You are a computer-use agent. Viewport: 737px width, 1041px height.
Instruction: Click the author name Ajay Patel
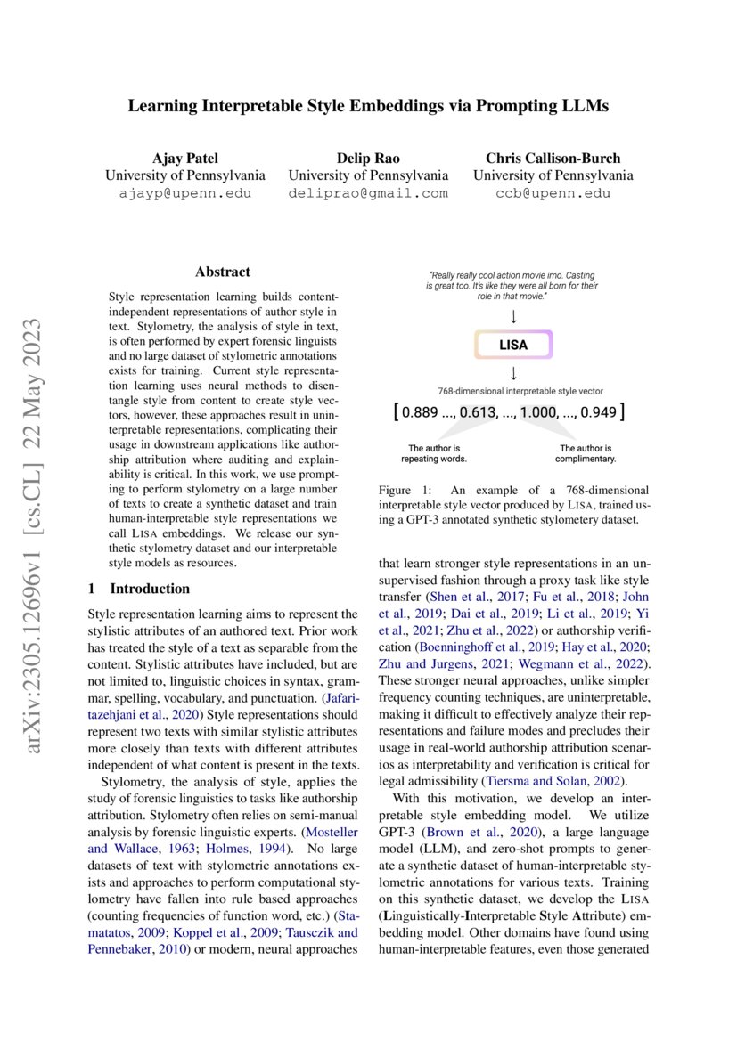click(184, 158)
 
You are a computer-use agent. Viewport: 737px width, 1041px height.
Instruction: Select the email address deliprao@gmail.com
click(368, 193)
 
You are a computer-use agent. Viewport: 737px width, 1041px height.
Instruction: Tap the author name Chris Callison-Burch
click(553, 158)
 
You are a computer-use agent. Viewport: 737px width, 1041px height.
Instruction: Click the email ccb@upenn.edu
click(553, 193)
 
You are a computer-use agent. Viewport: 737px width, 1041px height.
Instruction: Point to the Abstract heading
click(223, 272)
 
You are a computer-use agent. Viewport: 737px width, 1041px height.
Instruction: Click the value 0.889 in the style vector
click(424, 412)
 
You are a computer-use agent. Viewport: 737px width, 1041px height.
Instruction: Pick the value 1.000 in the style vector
click(540, 412)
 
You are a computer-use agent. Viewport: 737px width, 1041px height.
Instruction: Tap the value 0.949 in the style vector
click(597, 412)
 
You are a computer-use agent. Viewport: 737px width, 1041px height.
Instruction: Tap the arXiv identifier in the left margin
click(37, 520)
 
